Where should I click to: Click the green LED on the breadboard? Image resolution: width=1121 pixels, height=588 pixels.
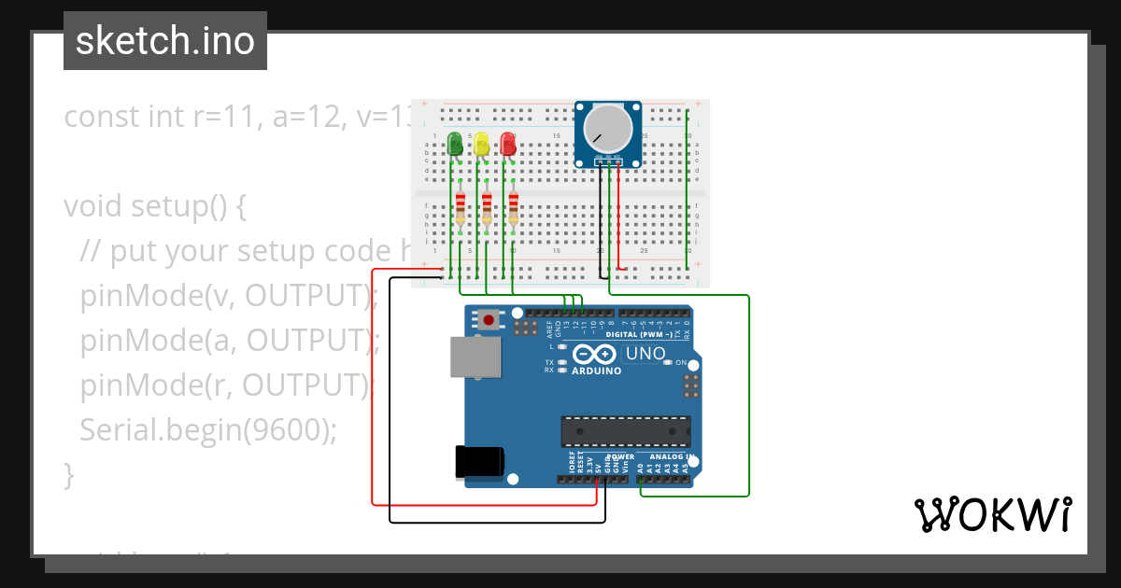[x=455, y=144]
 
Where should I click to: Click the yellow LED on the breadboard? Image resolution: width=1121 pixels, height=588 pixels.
[x=481, y=144]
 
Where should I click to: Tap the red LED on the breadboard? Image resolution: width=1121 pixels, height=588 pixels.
[x=508, y=144]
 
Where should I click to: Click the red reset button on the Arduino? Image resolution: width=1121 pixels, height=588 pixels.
[x=490, y=321]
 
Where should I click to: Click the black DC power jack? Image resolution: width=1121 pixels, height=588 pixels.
[x=479, y=463]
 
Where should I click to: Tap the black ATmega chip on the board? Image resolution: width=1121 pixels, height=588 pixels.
[x=625, y=432]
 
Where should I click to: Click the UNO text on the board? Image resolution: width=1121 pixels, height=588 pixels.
[x=645, y=354]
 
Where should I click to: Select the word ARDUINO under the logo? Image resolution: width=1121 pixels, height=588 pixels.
[x=596, y=371]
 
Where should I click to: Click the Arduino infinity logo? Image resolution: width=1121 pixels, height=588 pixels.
[x=595, y=355]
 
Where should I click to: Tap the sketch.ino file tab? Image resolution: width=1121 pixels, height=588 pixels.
[x=165, y=41]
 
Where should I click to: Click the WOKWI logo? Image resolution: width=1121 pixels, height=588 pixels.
[x=992, y=514]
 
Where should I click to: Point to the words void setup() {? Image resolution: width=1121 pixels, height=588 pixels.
[x=154, y=205]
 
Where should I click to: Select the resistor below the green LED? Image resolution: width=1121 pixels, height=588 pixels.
[x=460, y=209]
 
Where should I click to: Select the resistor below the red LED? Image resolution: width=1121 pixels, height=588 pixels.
[x=513, y=209]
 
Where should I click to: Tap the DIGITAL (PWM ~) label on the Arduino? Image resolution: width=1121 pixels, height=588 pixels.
[x=645, y=333]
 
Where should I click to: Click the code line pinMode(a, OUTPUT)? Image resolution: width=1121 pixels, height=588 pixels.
[x=229, y=340]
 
